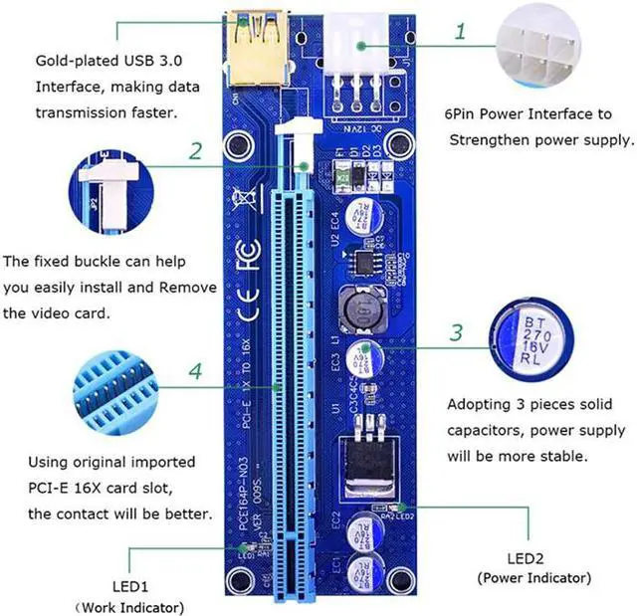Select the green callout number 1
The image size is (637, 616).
460,31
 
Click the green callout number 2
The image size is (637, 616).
196,151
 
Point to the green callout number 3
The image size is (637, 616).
456,332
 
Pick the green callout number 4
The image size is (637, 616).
196,371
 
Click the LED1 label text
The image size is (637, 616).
145,587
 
